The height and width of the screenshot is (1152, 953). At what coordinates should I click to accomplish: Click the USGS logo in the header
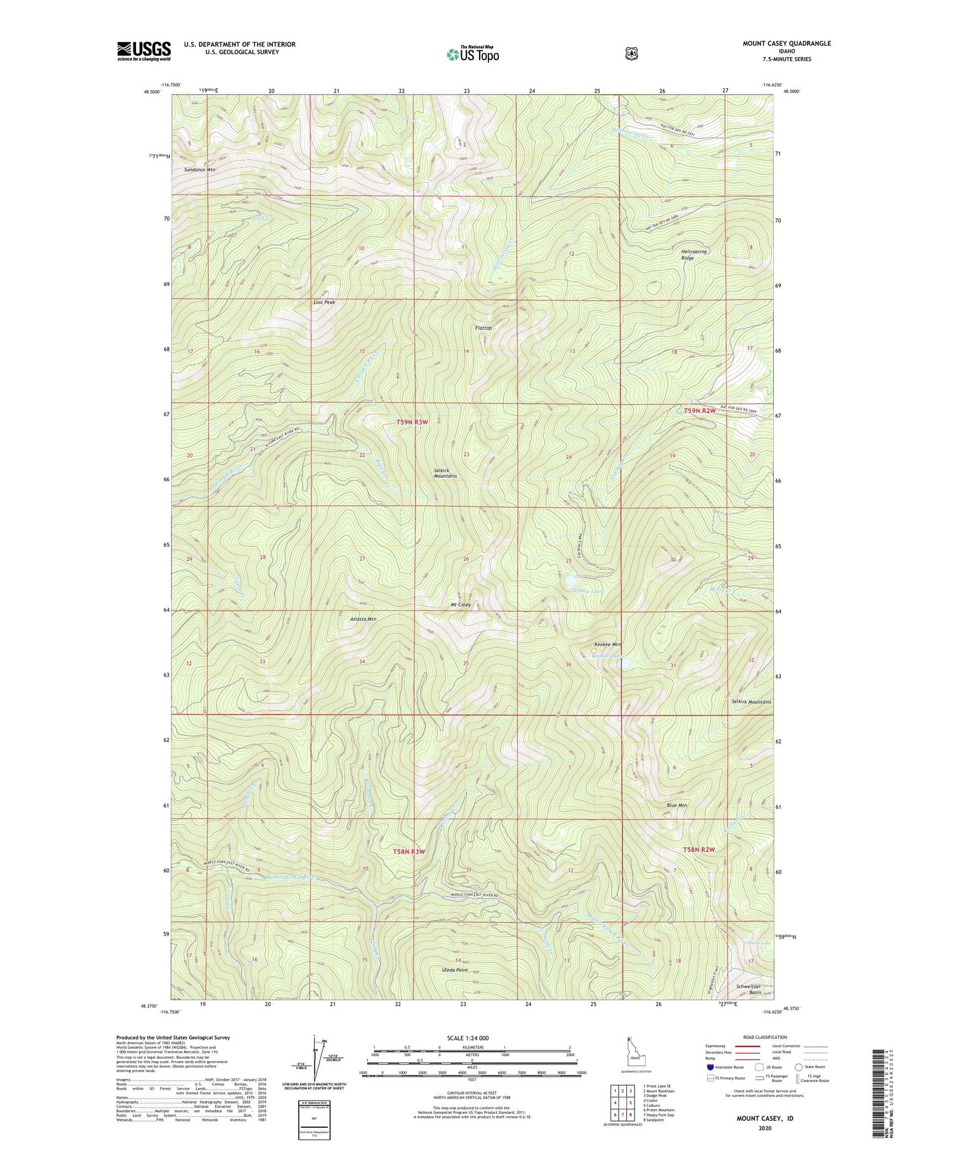pyautogui.click(x=144, y=50)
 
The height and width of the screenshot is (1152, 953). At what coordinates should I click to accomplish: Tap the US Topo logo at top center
pyautogui.click(x=473, y=54)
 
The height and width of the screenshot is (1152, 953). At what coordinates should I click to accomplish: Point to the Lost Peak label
pyautogui.click(x=324, y=302)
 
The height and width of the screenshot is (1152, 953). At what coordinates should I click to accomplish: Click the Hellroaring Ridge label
pyautogui.click(x=693, y=255)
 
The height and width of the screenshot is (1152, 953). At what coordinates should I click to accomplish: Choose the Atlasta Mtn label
pyautogui.click(x=363, y=618)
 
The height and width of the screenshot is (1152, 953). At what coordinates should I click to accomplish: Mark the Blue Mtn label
pyautogui.click(x=677, y=806)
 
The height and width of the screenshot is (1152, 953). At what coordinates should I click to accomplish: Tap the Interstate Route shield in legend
pyautogui.click(x=710, y=1067)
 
